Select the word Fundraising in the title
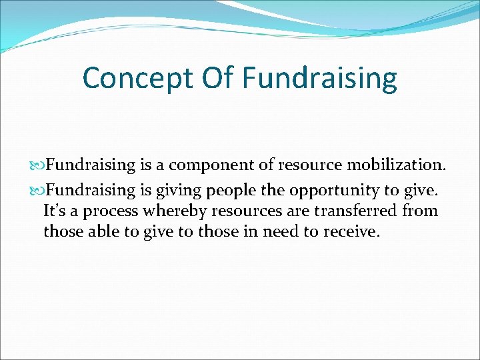(319, 78)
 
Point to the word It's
(55, 211)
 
